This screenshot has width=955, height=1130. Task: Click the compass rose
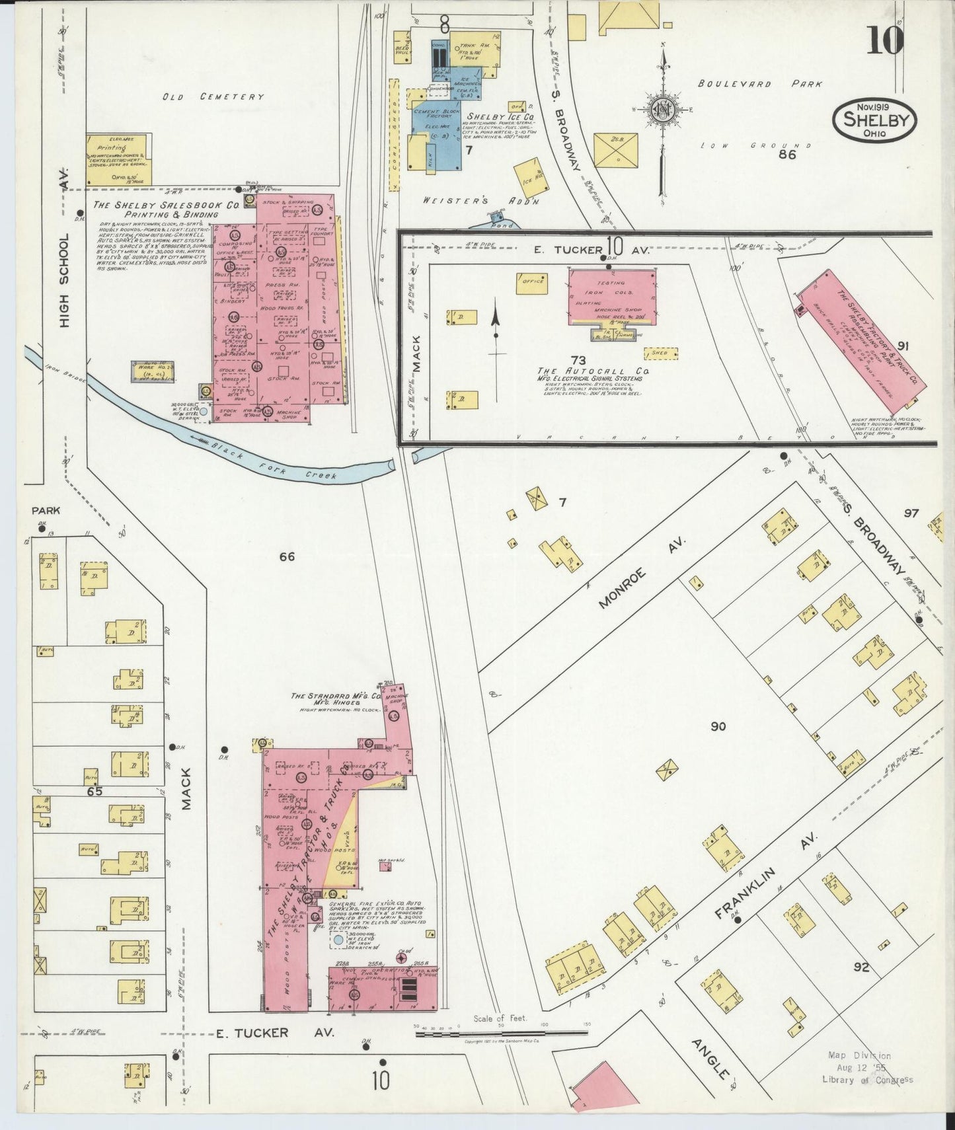662,110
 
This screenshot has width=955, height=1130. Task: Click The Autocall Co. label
592,371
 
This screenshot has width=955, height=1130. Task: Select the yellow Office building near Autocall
533,282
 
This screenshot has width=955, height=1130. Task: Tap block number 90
718,726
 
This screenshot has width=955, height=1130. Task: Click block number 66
286,556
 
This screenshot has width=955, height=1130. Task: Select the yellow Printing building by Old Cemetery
119,159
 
